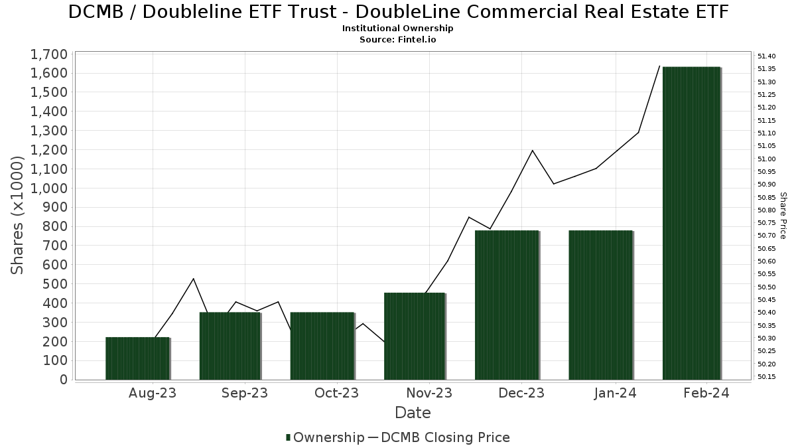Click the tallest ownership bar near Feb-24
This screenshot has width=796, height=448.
(x=691, y=223)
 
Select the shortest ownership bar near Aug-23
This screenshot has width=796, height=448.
(x=137, y=358)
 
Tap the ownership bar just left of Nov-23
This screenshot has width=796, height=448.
(x=414, y=336)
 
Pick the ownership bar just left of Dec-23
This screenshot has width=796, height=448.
(x=507, y=305)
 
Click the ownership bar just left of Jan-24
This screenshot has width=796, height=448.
(x=600, y=305)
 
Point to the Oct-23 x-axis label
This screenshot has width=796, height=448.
(x=336, y=393)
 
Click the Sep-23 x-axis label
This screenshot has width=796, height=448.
(x=245, y=393)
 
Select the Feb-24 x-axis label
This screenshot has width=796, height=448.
(x=706, y=393)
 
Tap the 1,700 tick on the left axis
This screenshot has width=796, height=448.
(x=49, y=54)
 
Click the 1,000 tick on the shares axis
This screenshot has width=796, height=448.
(x=49, y=188)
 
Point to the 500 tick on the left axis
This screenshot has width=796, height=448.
(x=56, y=284)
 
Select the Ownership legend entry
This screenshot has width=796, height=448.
(x=325, y=437)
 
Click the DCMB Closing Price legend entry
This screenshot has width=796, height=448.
(x=438, y=437)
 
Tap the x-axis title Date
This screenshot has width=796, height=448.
(x=413, y=413)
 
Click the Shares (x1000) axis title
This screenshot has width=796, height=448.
(x=18, y=216)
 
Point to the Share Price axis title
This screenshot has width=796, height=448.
(x=783, y=216)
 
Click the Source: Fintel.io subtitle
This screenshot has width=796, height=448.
(x=397, y=39)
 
